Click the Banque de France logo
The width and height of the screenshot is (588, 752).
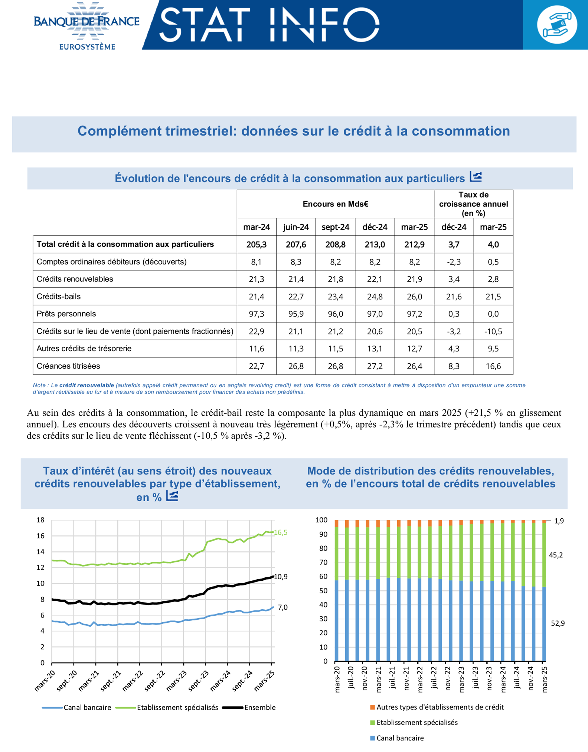(x=86, y=25)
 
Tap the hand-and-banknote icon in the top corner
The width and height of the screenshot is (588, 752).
(x=557, y=25)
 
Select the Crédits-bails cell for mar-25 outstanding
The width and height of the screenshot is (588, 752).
(x=414, y=296)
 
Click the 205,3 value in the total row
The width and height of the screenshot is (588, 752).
(x=257, y=244)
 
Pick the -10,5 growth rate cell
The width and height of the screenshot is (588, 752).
(x=493, y=331)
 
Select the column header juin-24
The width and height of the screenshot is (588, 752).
(x=296, y=227)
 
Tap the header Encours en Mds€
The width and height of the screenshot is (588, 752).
(x=335, y=204)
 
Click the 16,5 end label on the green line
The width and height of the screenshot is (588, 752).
(x=281, y=532)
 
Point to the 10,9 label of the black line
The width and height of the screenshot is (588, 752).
(x=281, y=577)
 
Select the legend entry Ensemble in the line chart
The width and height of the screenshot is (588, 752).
(x=260, y=707)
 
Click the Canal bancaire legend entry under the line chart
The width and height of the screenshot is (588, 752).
(x=87, y=707)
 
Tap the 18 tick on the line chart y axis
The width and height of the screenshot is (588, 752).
(x=40, y=520)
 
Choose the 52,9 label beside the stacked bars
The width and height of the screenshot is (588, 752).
(x=558, y=623)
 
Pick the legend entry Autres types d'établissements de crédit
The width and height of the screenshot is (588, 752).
(x=440, y=707)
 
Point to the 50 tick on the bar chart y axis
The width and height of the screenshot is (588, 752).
(x=323, y=591)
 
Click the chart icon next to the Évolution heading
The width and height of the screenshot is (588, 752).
(x=476, y=177)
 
